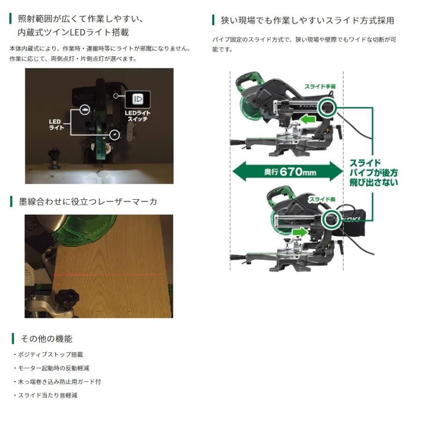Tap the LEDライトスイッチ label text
click(138, 116)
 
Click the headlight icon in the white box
click(138, 99)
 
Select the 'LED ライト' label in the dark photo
click(57, 124)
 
